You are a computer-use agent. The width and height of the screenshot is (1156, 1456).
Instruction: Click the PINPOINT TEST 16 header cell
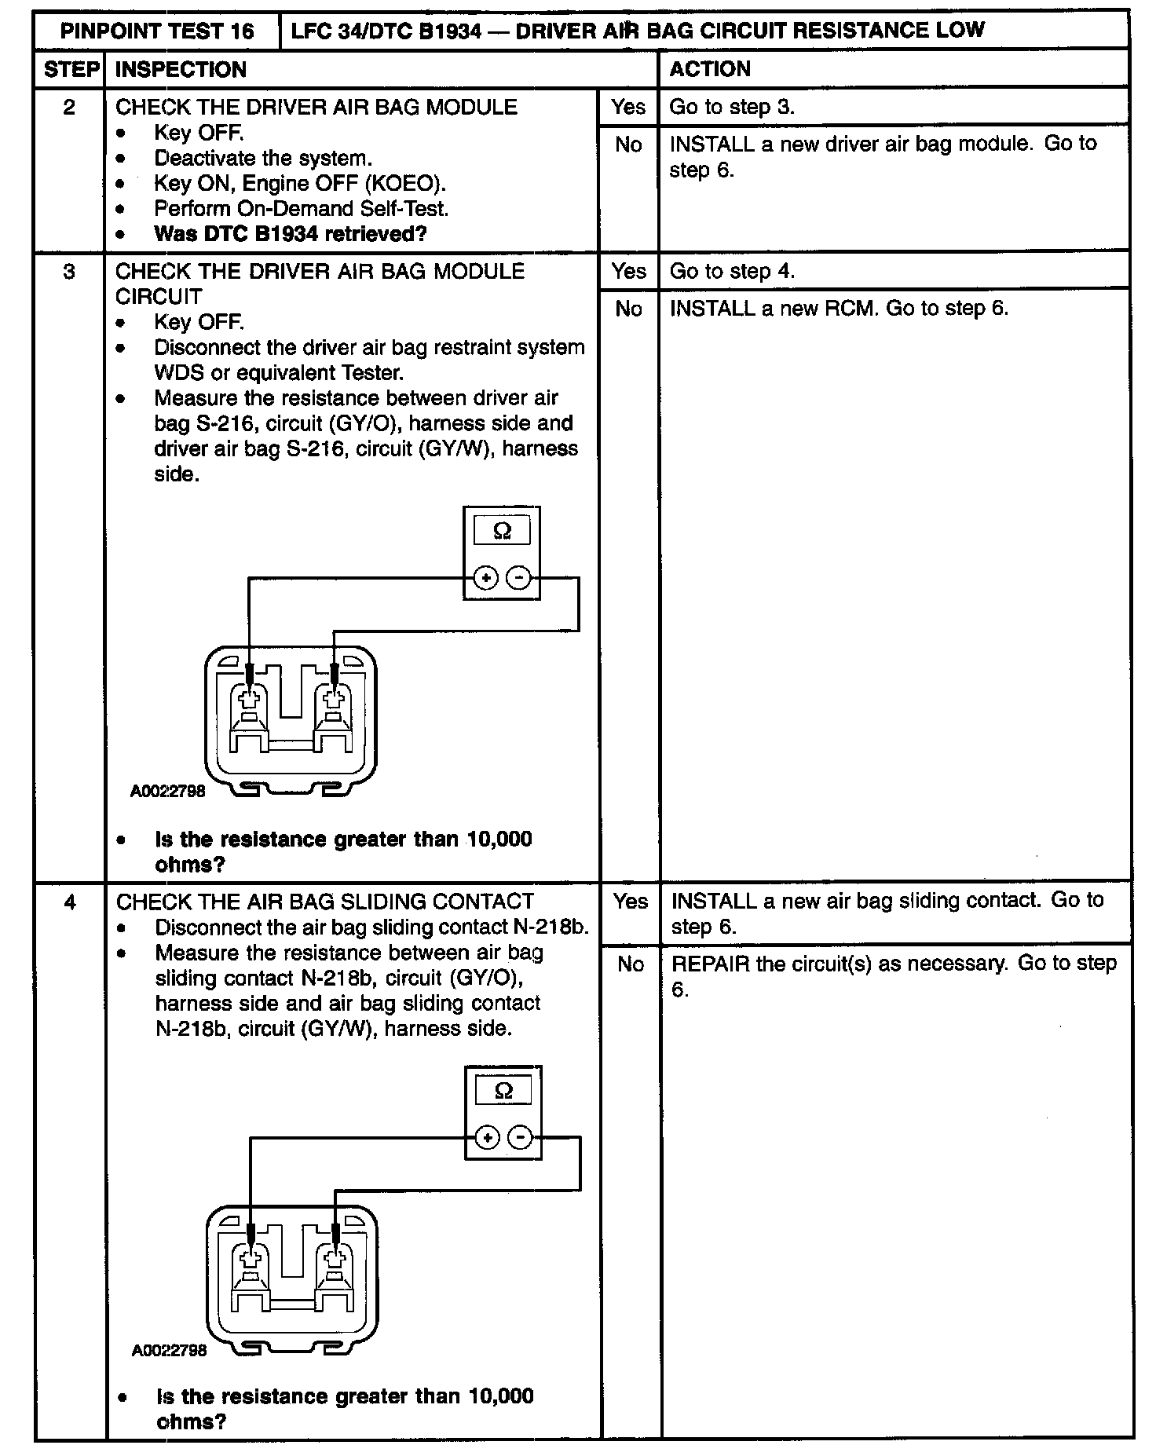(157, 31)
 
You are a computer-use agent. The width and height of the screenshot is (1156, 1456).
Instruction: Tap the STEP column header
(71, 70)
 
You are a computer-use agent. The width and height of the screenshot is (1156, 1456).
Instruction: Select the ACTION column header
(710, 69)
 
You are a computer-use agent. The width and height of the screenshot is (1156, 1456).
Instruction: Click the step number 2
(69, 107)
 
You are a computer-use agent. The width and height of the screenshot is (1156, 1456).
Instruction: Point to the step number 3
(69, 272)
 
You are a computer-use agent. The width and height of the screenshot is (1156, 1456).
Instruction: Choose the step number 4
(70, 902)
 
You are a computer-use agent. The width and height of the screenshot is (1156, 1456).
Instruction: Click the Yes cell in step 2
(628, 107)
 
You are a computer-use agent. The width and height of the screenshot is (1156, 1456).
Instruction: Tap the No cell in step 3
(628, 309)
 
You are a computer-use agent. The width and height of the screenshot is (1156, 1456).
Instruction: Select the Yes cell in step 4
(631, 902)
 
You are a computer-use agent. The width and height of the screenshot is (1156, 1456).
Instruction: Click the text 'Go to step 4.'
(732, 272)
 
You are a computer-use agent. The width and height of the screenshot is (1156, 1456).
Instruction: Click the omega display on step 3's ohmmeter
(503, 532)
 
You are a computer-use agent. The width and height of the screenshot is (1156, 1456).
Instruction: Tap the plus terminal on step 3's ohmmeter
(486, 580)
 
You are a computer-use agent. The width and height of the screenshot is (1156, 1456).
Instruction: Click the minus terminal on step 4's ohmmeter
(520, 1137)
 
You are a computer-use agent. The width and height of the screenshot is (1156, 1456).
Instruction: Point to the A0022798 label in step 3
(168, 792)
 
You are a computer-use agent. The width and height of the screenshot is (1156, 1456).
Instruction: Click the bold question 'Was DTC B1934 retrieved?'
(291, 234)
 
